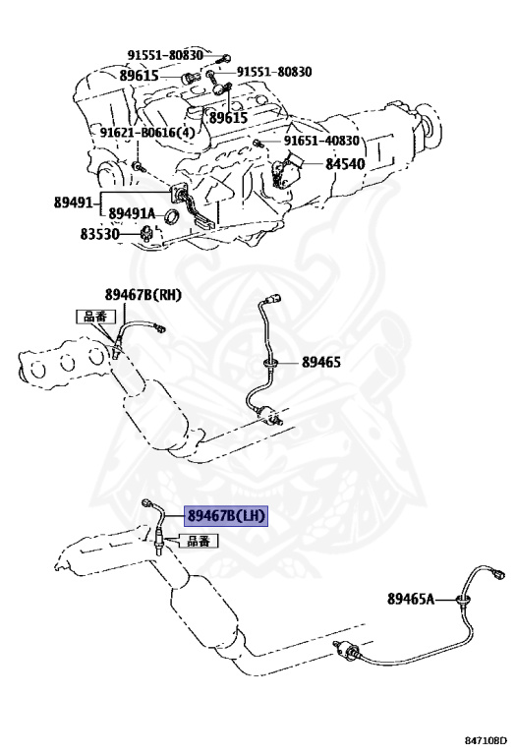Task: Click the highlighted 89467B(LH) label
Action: (226, 516)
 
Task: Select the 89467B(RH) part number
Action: (143, 295)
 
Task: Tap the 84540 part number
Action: (345, 164)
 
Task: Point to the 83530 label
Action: (99, 234)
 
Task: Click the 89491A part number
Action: (132, 212)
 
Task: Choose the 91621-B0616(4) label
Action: (147, 133)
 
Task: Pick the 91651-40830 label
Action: (321, 141)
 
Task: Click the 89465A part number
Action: (411, 599)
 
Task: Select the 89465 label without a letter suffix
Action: (321, 362)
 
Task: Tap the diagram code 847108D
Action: (487, 739)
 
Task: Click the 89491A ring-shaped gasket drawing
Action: (170, 217)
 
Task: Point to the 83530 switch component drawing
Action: (145, 234)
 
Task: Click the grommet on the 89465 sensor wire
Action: (271, 363)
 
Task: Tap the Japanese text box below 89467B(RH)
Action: (96, 317)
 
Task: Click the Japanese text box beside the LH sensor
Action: (199, 541)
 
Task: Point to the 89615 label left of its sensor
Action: (140, 76)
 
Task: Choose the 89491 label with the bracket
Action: (73, 203)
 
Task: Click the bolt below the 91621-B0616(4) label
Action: (139, 166)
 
